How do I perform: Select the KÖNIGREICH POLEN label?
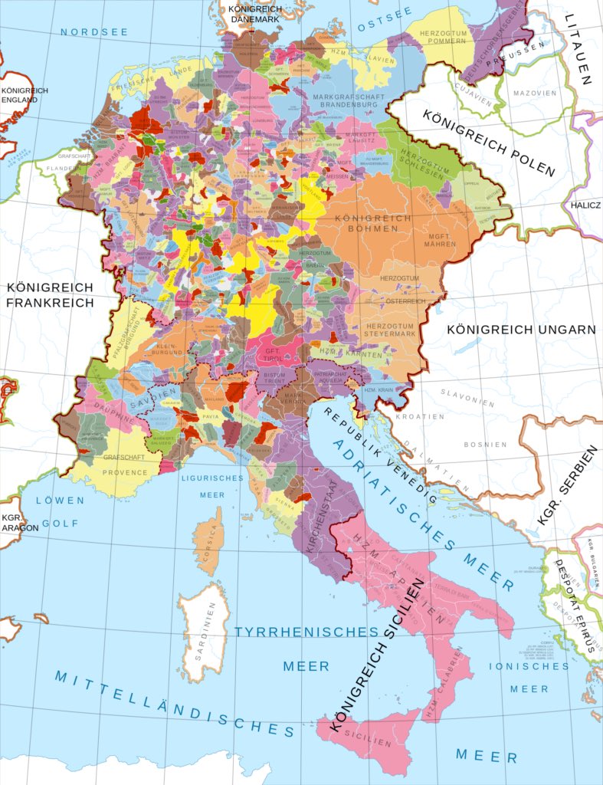pos(489,140)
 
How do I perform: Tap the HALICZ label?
pos(585,205)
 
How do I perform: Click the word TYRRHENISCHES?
pos(306,632)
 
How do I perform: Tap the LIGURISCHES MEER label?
pos(212,486)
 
